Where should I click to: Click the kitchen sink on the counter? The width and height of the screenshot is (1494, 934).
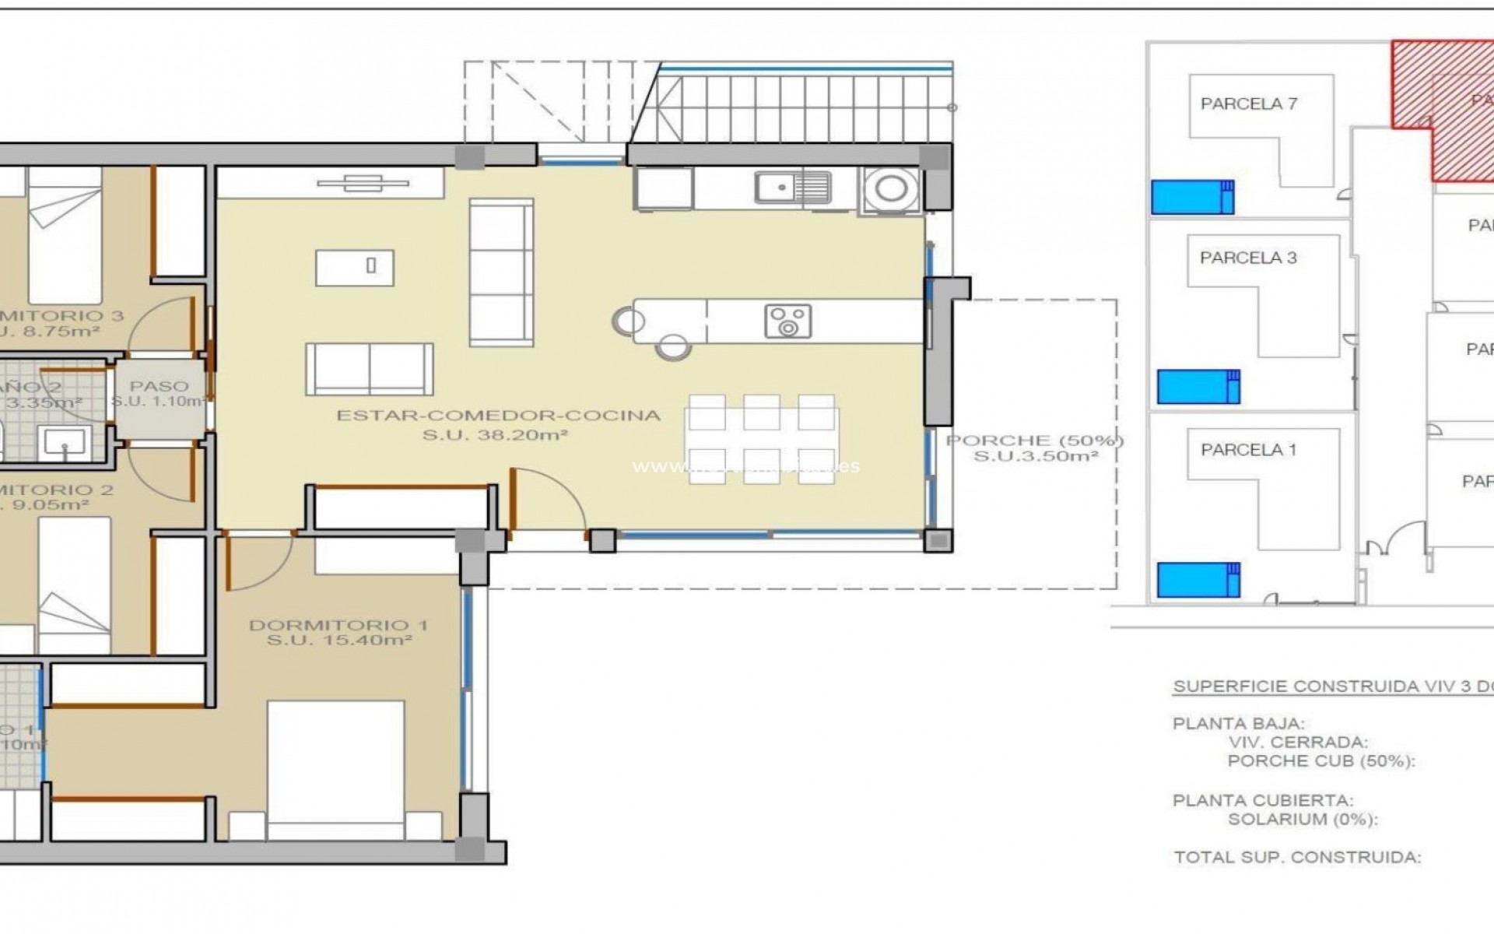(x=792, y=187)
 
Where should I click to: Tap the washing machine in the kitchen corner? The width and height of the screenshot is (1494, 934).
(x=889, y=189)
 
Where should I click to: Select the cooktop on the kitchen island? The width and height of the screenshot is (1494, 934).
(x=788, y=321)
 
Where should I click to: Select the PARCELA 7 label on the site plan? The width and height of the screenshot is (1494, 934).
(x=1248, y=104)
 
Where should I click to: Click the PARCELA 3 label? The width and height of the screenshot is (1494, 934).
(x=1248, y=258)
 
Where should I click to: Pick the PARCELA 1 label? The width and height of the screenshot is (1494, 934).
(x=1248, y=450)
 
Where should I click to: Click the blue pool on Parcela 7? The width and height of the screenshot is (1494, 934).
(x=1192, y=197)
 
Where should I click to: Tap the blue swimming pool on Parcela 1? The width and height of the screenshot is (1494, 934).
(x=1198, y=580)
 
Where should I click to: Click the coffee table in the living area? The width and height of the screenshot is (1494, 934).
(x=354, y=267)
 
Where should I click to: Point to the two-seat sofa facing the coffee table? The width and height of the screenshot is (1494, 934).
(x=370, y=369)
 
